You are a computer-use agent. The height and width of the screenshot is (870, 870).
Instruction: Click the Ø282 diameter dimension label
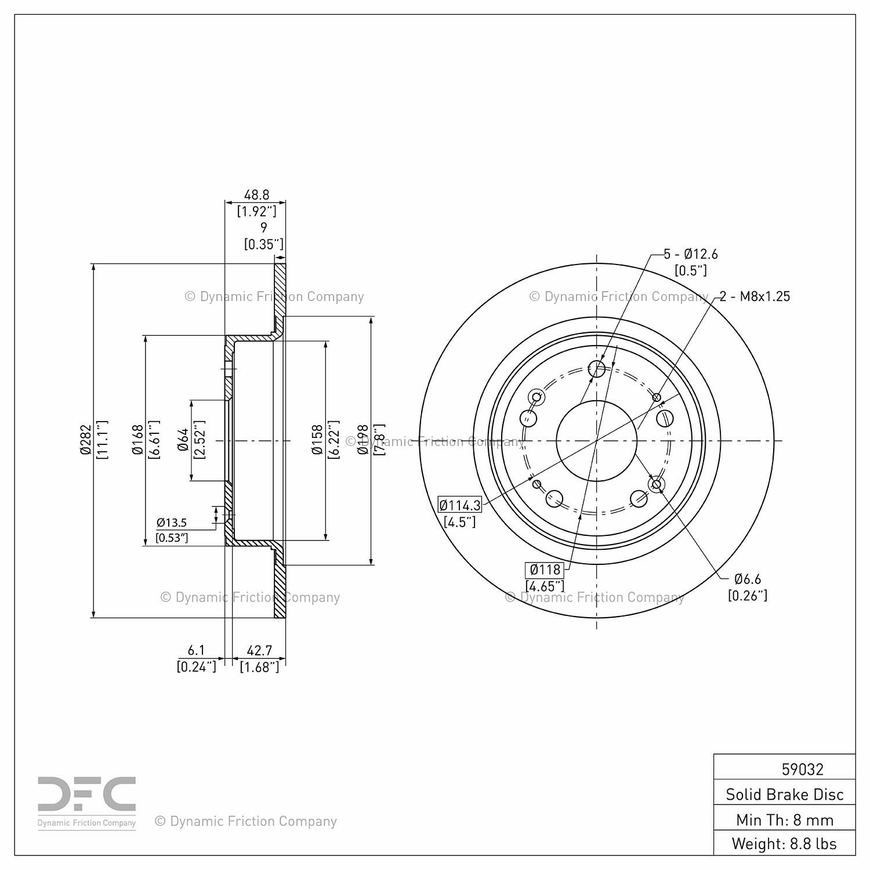86,441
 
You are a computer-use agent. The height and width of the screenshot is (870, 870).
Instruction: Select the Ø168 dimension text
137,441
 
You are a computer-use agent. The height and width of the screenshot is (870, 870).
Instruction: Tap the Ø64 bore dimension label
183,440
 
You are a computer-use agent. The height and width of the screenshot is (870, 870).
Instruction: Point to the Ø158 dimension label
317,441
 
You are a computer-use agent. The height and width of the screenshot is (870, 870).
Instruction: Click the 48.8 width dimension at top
256,195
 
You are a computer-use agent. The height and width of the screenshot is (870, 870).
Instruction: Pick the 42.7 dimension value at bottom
259,651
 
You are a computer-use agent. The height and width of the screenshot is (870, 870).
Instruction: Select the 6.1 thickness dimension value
197,651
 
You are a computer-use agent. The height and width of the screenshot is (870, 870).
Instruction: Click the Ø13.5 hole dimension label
172,523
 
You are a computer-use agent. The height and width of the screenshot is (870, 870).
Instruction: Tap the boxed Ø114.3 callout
460,505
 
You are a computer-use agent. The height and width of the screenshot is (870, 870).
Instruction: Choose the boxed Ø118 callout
545,570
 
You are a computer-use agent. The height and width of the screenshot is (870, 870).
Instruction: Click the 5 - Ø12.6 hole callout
691,254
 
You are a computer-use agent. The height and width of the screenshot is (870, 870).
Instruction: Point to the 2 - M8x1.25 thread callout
755,296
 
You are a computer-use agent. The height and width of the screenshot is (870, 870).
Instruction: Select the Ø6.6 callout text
748,579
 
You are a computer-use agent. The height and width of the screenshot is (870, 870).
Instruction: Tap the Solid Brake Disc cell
785,794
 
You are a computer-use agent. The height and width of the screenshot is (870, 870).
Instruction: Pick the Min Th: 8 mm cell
785,820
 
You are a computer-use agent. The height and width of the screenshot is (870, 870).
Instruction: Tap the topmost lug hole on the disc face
597,368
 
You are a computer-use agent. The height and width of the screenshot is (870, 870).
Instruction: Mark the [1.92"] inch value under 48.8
256,211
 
